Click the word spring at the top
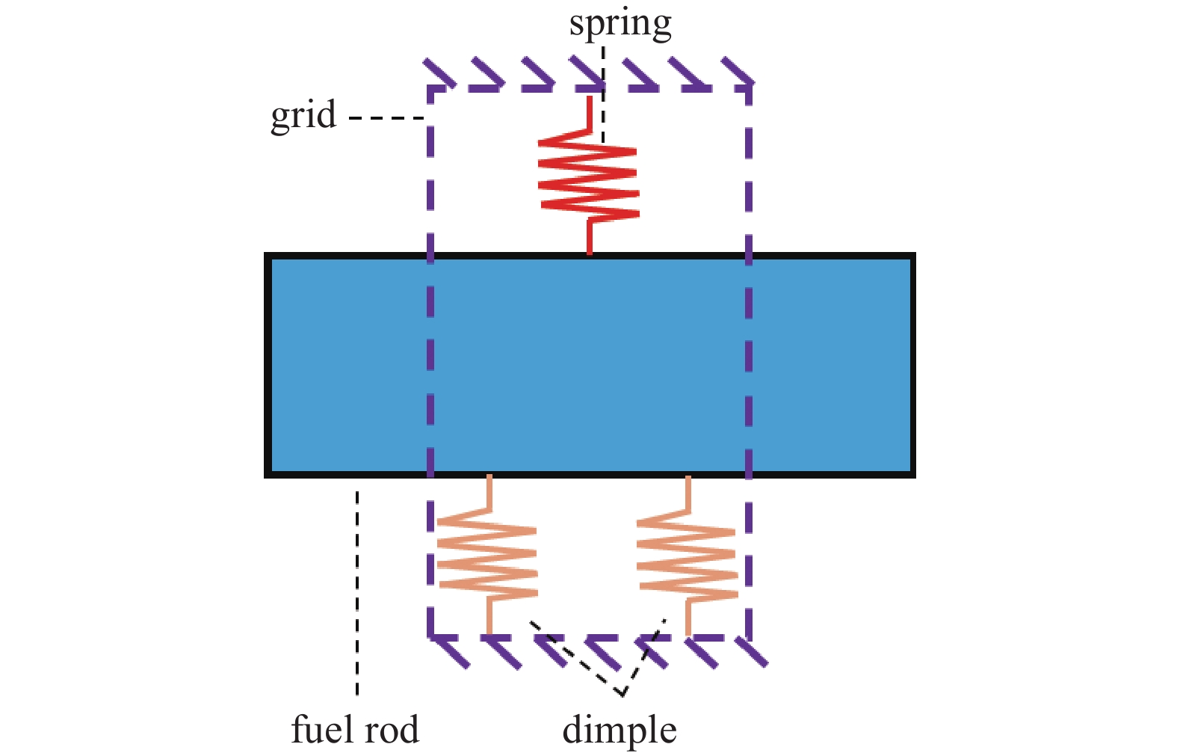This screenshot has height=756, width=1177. (x=620, y=25)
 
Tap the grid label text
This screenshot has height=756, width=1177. (x=303, y=117)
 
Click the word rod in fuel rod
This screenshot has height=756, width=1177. (x=390, y=729)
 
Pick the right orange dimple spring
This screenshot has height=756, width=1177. (x=687, y=557)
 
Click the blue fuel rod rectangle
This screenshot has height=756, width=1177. (x=590, y=365)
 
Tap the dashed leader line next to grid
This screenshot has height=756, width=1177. (x=386, y=118)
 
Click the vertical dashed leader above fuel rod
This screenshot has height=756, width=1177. (x=357, y=591)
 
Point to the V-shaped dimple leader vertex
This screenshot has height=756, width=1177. (x=622, y=694)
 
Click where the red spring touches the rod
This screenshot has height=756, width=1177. (x=590, y=253)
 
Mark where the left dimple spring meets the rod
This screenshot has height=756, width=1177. (x=489, y=476)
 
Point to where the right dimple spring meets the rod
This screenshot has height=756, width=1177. (x=688, y=476)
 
